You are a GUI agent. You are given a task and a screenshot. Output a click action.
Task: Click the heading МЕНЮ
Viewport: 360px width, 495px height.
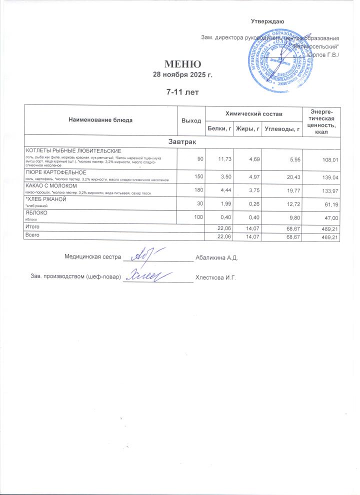[182, 64]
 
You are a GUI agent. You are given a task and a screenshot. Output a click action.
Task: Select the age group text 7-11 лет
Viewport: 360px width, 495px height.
[182, 92]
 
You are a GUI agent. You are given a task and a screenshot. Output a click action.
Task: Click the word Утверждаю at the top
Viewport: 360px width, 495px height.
[267, 21]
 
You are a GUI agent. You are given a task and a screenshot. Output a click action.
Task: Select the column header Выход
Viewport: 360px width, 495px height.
[191, 120]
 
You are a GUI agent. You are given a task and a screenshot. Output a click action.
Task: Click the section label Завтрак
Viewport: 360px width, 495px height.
[182, 143]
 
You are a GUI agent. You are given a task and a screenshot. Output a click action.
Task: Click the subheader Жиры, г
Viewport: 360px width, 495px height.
[248, 129]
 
